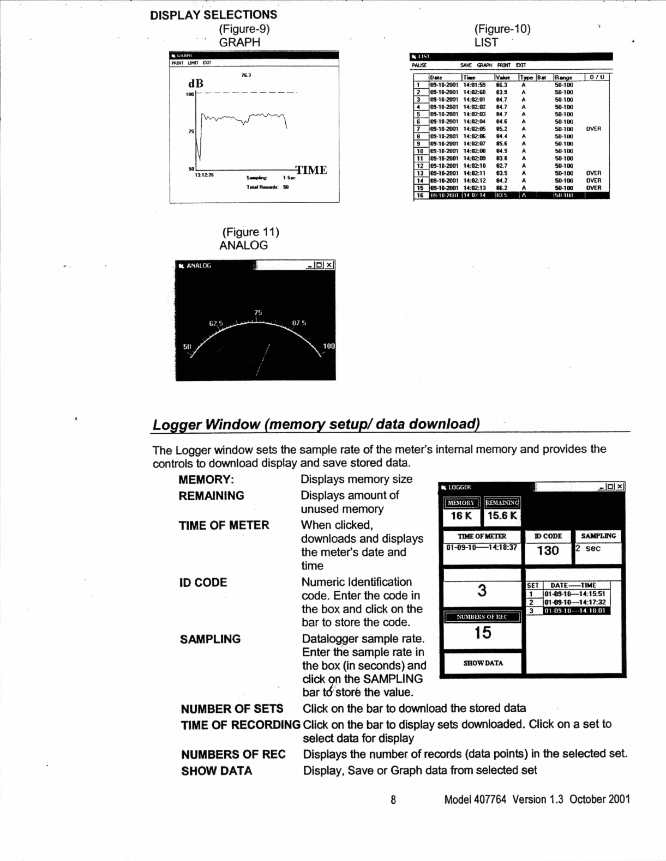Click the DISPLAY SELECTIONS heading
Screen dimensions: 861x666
[x=213, y=15]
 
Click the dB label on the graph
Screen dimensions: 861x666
[x=196, y=83]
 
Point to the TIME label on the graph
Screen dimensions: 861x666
[x=311, y=170]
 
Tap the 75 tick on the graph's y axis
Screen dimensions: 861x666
[x=191, y=131]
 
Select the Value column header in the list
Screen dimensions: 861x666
[x=502, y=78]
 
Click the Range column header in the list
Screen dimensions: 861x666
[x=563, y=78]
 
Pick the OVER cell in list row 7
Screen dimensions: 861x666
[x=593, y=129]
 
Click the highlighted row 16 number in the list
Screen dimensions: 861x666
[x=421, y=195]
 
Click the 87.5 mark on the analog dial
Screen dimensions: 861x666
[x=299, y=323]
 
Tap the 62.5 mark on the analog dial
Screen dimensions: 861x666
[x=217, y=323]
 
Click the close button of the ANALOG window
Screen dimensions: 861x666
[x=329, y=265]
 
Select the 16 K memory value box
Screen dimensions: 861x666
[x=461, y=516]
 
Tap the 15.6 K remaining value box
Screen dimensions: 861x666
[x=502, y=516]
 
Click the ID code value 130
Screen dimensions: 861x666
[x=548, y=551]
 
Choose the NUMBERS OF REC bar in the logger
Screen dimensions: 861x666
[x=482, y=617]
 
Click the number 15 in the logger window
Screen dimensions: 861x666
[x=483, y=633]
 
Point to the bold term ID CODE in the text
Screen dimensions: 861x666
[x=203, y=583]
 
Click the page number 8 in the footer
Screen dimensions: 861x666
[x=393, y=799]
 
